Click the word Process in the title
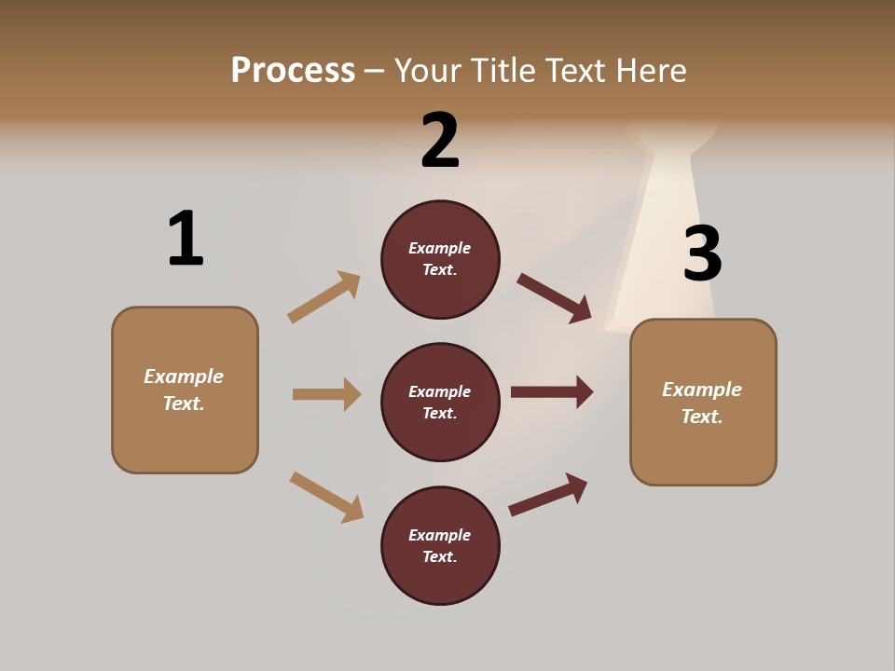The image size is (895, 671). (293, 70)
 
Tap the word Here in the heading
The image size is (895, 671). (651, 70)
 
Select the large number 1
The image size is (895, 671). (186, 240)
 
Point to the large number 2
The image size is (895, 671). (440, 141)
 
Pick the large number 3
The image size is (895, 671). (702, 253)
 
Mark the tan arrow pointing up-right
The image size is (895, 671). (324, 296)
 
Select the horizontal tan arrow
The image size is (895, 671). (326, 394)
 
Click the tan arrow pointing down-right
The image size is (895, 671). (327, 497)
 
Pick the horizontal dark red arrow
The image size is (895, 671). (552, 391)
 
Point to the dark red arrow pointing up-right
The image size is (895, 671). (548, 494)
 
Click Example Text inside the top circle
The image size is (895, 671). (440, 259)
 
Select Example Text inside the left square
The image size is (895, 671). (185, 390)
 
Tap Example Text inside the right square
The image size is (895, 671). (702, 403)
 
